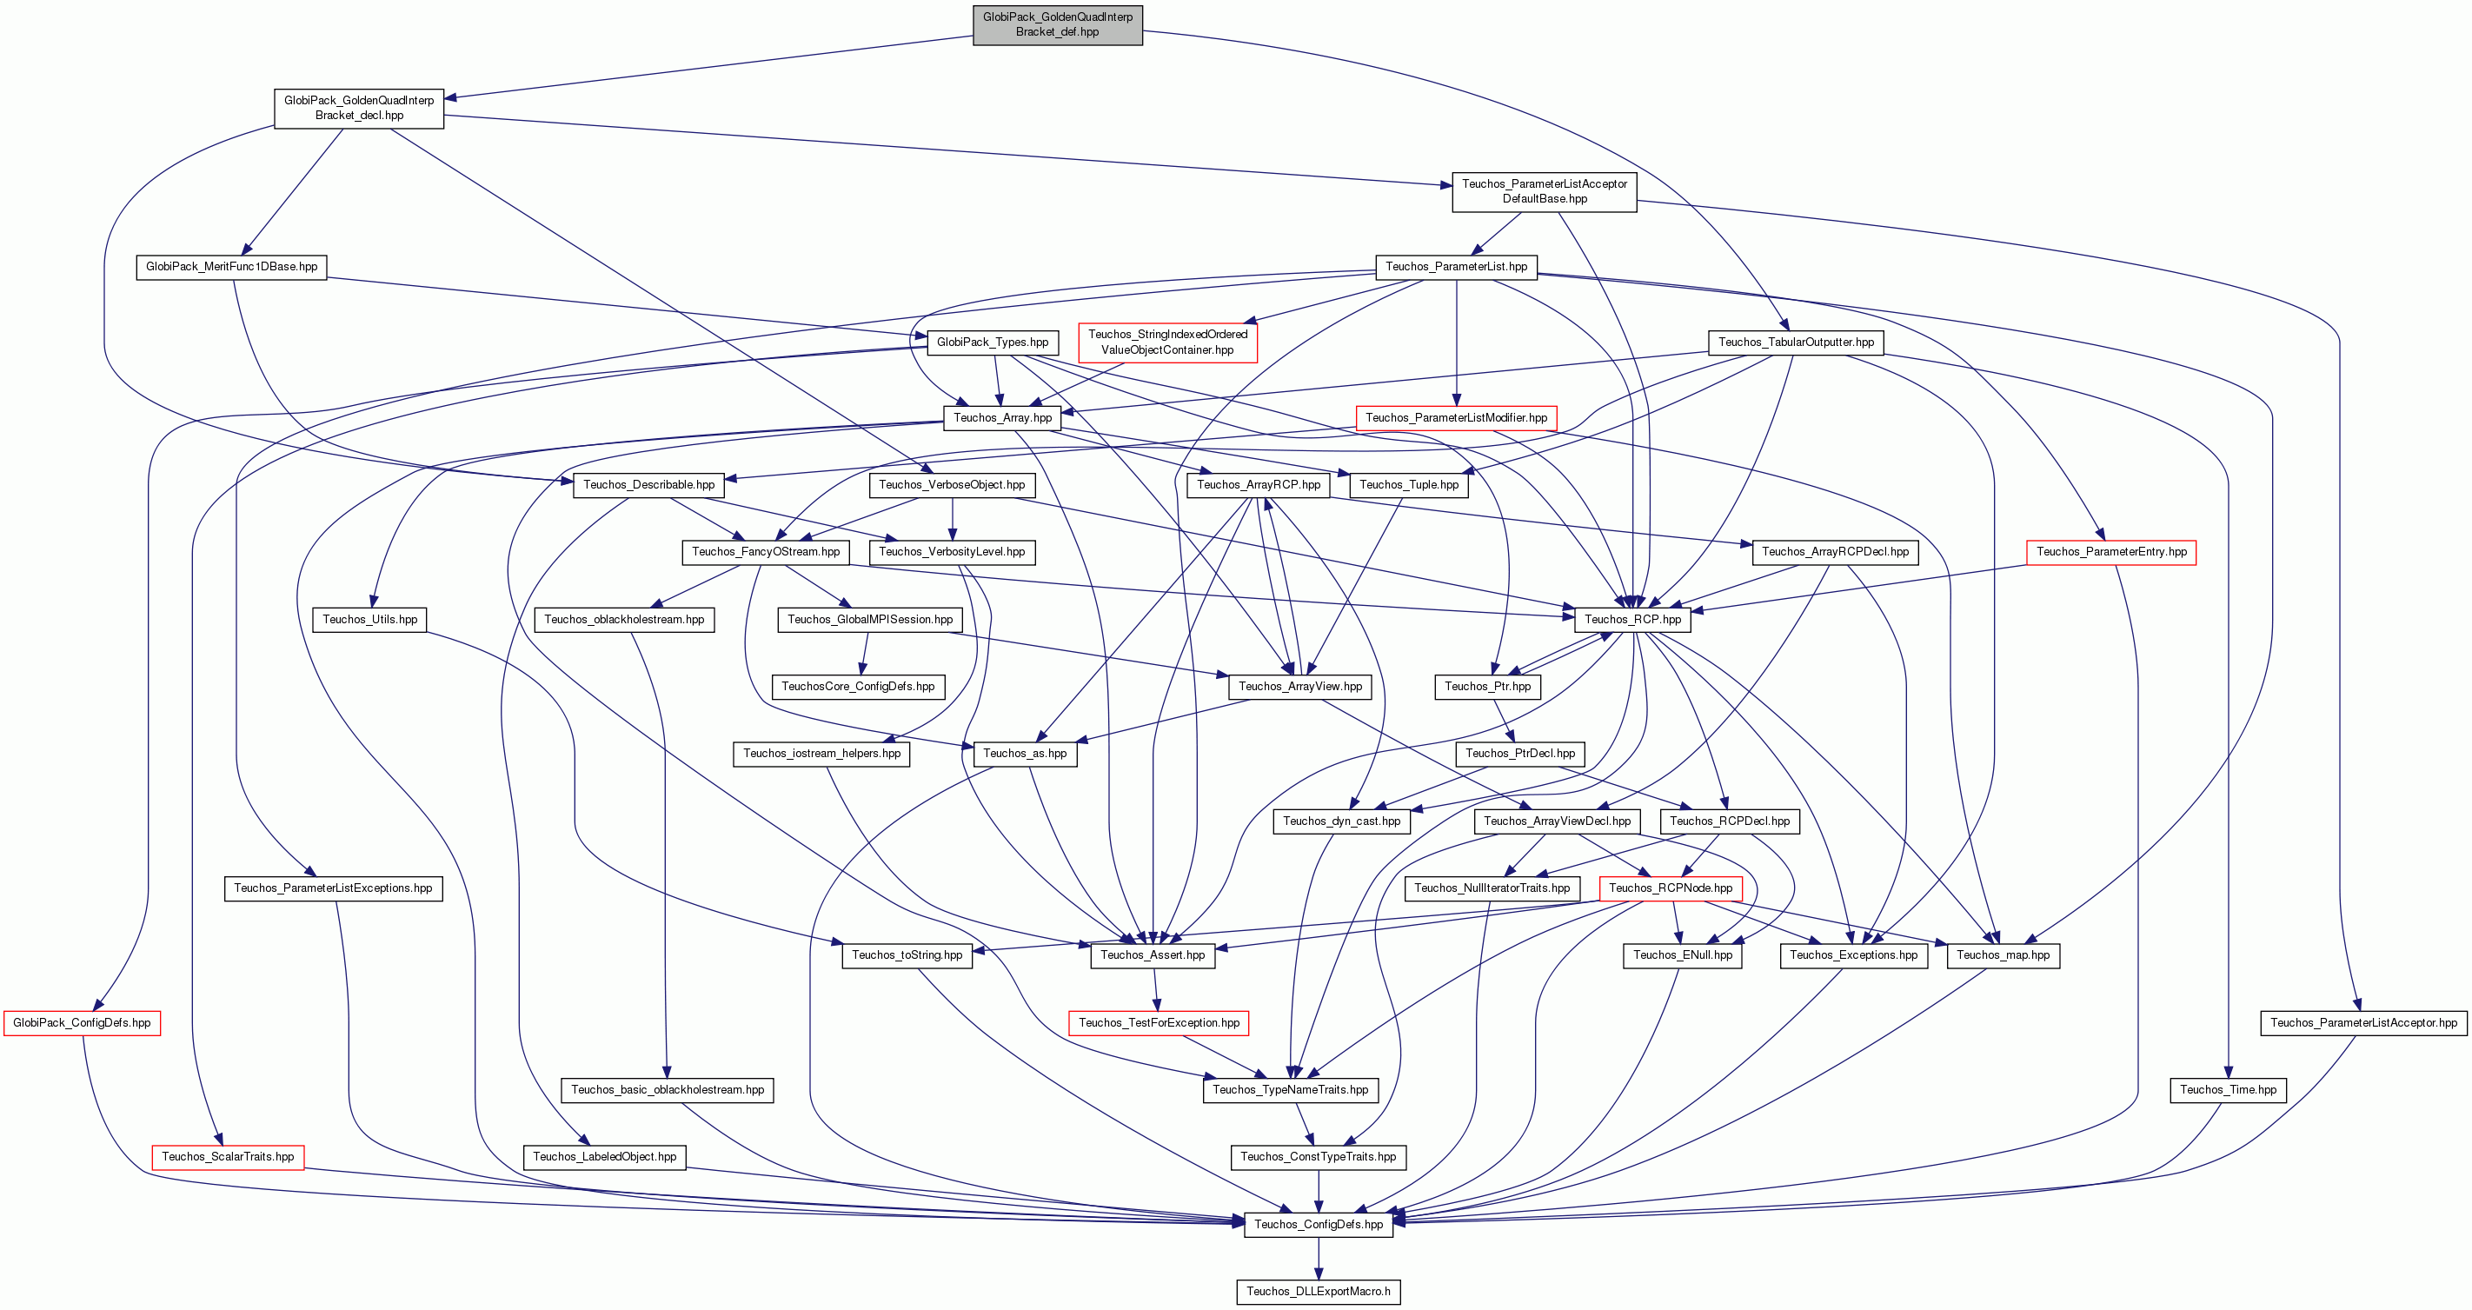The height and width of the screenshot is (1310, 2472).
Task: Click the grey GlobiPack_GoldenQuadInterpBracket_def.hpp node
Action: point(1058,24)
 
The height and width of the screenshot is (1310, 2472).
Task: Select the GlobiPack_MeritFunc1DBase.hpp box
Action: point(232,267)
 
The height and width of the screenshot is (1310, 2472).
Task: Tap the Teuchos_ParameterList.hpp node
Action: point(1457,267)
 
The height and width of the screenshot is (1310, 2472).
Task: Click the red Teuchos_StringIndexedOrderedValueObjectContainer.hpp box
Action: point(1168,342)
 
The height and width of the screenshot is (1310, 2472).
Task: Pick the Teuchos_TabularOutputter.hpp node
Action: point(1797,342)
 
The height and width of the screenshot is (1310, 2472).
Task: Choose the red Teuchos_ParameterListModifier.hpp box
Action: point(1457,418)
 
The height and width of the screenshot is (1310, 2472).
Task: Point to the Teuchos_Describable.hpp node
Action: point(648,486)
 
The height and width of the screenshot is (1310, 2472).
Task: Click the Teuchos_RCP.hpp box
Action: point(1633,620)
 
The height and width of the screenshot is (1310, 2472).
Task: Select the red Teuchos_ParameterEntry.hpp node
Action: point(2111,553)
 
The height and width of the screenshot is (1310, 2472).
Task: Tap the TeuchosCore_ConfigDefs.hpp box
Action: point(858,687)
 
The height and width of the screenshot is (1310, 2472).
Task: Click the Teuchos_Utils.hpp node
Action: point(370,620)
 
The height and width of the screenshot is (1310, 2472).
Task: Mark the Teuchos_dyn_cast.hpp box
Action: point(1341,821)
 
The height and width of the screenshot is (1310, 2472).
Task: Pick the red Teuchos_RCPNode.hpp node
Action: point(1671,888)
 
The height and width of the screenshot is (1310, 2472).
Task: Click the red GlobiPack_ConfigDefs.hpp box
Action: point(83,1023)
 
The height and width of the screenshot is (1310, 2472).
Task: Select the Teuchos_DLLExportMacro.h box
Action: point(1319,1292)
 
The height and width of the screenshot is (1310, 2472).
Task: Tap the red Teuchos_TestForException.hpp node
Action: point(1160,1023)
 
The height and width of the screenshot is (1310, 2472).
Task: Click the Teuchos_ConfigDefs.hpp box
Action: point(1319,1225)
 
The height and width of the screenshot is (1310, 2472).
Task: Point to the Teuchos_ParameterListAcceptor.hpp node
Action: point(2363,1023)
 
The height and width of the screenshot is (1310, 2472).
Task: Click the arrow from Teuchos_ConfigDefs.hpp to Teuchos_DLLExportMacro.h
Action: point(1319,1258)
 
